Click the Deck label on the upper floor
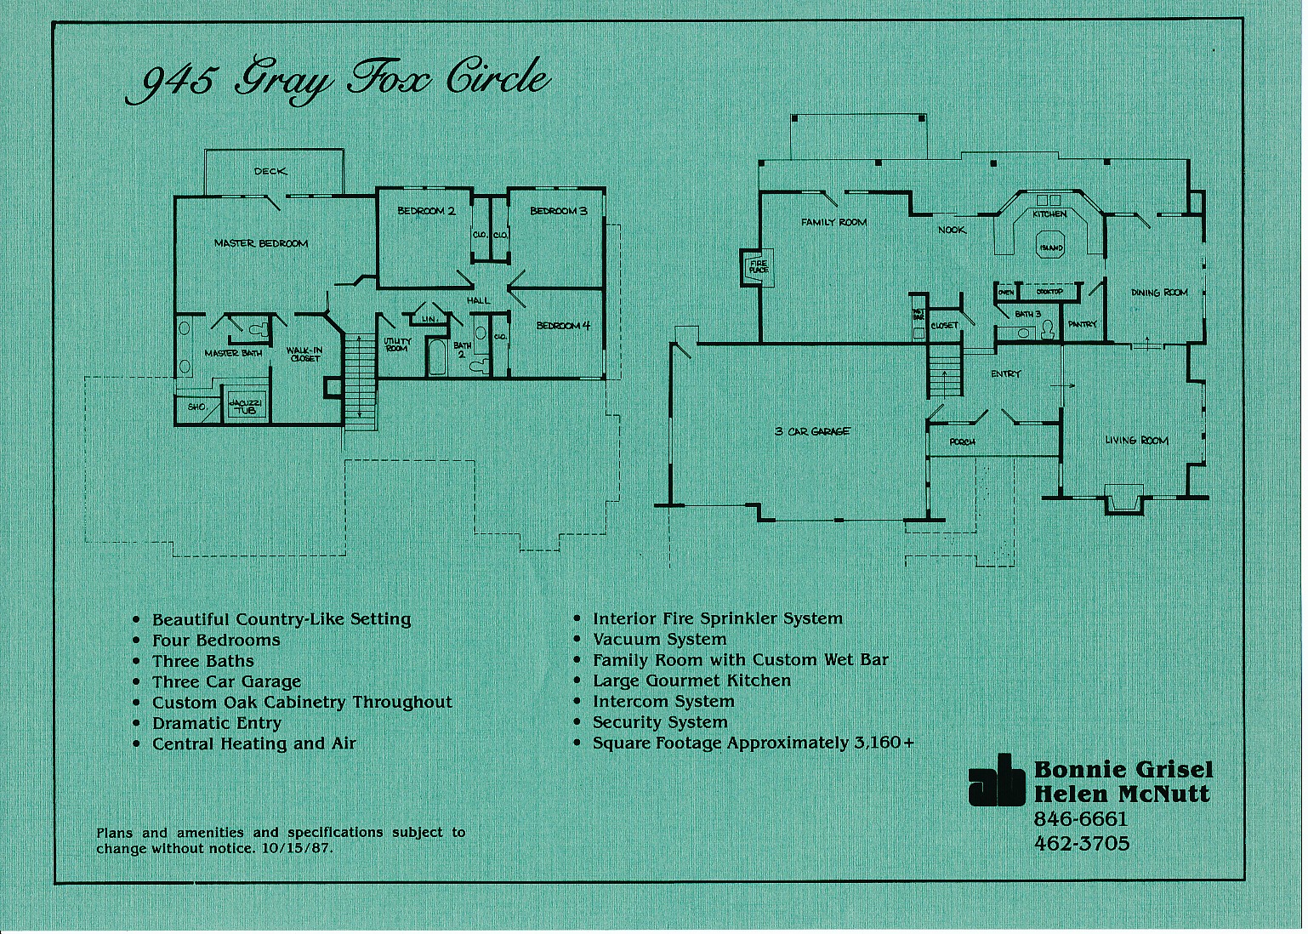[270, 171]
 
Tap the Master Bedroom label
[261, 243]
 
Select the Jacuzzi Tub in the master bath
[245, 406]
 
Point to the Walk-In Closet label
[304, 354]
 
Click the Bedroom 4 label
[563, 326]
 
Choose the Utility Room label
[397, 345]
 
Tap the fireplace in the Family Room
[756, 267]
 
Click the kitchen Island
[1050, 248]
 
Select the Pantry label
[1083, 324]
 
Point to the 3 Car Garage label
[812, 431]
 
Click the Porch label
[962, 442]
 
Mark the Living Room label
[1136, 441]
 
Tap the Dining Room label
[1158, 293]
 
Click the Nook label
[952, 230]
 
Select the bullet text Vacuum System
[659, 640]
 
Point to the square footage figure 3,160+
[884, 743]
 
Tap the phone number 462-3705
[1081, 844]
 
